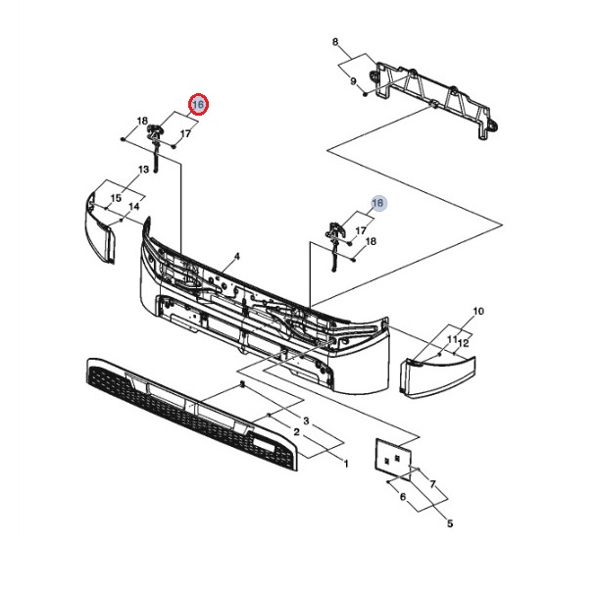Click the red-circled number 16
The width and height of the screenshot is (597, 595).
click(197, 105)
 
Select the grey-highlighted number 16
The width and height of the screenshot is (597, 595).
click(378, 203)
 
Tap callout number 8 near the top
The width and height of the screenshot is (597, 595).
click(334, 43)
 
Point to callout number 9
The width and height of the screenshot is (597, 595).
click(353, 81)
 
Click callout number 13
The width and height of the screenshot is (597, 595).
click(143, 170)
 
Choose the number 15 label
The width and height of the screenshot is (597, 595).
click(116, 199)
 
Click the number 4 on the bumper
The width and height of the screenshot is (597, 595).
click(236, 256)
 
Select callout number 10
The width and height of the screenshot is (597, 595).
click(478, 312)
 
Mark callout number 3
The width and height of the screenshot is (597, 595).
click(306, 421)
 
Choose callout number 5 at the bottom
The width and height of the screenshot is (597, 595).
click(449, 523)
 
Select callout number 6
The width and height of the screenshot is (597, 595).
click(402, 498)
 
